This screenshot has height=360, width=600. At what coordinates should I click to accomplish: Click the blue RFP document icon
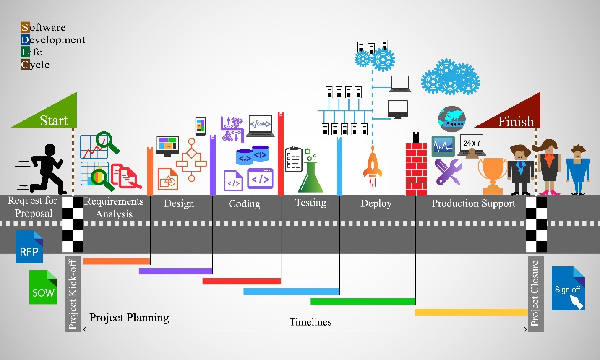point(29,247)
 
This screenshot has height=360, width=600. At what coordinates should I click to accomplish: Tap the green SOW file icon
point(43,287)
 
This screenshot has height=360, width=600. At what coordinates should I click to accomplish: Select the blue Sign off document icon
point(568,288)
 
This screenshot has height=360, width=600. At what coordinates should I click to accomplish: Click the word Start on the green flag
point(54,120)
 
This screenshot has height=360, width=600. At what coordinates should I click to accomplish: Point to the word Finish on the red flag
point(516,122)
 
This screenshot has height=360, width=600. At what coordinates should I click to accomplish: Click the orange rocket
point(373,168)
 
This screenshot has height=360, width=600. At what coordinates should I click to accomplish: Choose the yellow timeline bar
point(471,312)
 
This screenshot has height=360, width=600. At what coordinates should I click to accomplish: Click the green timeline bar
point(363,301)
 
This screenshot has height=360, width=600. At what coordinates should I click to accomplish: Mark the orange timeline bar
point(117,261)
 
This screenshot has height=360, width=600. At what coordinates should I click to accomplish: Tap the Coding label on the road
point(244,204)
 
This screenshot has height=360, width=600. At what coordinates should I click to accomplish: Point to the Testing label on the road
point(311,203)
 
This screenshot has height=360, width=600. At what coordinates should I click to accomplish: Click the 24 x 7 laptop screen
point(472,143)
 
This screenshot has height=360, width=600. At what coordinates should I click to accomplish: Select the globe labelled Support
point(452,119)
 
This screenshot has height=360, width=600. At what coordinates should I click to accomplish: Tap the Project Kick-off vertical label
point(73,294)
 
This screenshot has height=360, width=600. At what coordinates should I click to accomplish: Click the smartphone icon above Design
point(201,126)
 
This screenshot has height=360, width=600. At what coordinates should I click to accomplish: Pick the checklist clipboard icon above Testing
point(294,159)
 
